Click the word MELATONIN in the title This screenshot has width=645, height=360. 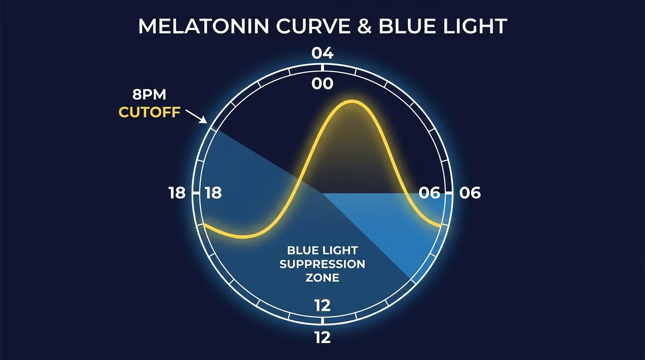coord(203,26)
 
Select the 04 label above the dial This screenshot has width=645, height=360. coord(322,53)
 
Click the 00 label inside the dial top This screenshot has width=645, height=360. coord(322,84)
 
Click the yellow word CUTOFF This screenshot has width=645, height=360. coord(150,112)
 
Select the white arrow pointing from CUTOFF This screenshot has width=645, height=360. coord(196,115)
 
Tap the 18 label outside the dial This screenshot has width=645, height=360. coord(177,193)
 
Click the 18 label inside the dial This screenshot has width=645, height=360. coord(213,193)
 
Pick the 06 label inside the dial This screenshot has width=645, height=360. coord(429,193)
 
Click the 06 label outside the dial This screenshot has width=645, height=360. coord(470,193)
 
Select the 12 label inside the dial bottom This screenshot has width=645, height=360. coord(322,306)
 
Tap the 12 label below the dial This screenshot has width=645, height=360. coord(322,337)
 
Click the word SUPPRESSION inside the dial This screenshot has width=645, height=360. coord(322,264)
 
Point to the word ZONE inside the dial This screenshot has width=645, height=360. coord(322,277)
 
